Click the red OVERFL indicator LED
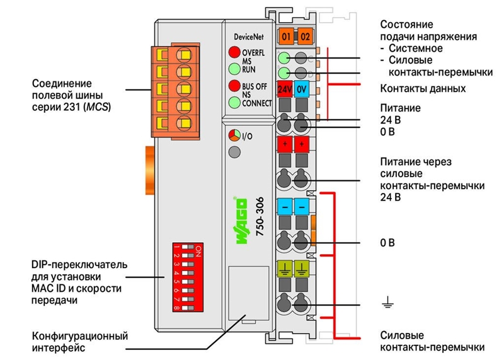(234, 52)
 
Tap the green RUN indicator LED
(234, 69)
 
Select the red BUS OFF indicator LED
(234, 86)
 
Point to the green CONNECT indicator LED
(234, 103)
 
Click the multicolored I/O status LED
(234, 136)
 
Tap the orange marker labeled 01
(286, 37)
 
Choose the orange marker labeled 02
(305, 37)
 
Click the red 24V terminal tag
(285, 89)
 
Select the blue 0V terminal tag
(302, 89)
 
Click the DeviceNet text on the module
(249, 37)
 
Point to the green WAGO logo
(242, 221)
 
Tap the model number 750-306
(260, 216)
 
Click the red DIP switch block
(188, 277)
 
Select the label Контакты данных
(423, 88)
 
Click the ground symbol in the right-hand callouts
(387, 303)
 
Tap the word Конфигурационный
(80, 336)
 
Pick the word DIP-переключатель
(79, 265)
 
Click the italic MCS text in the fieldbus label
(98, 107)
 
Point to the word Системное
(416, 49)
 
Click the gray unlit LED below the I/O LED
(234, 152)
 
